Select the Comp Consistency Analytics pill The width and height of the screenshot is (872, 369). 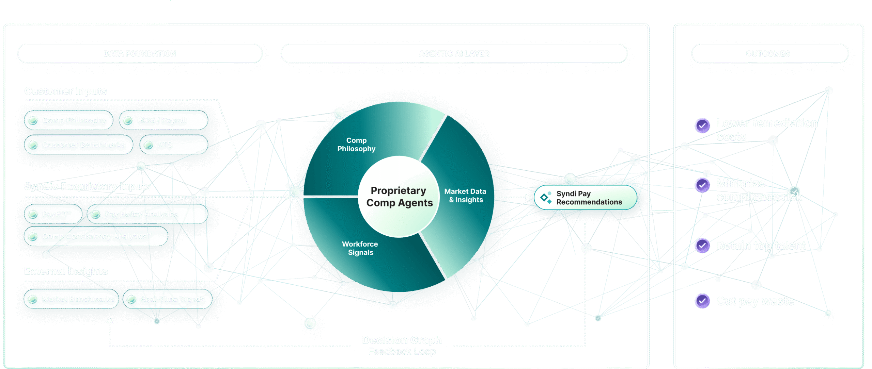96,236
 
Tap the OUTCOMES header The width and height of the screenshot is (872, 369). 768,54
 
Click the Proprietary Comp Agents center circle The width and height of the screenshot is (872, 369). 399,197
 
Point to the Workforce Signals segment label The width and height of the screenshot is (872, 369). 360,248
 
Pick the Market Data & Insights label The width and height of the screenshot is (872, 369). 465,196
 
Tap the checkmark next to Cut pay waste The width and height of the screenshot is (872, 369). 702,301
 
